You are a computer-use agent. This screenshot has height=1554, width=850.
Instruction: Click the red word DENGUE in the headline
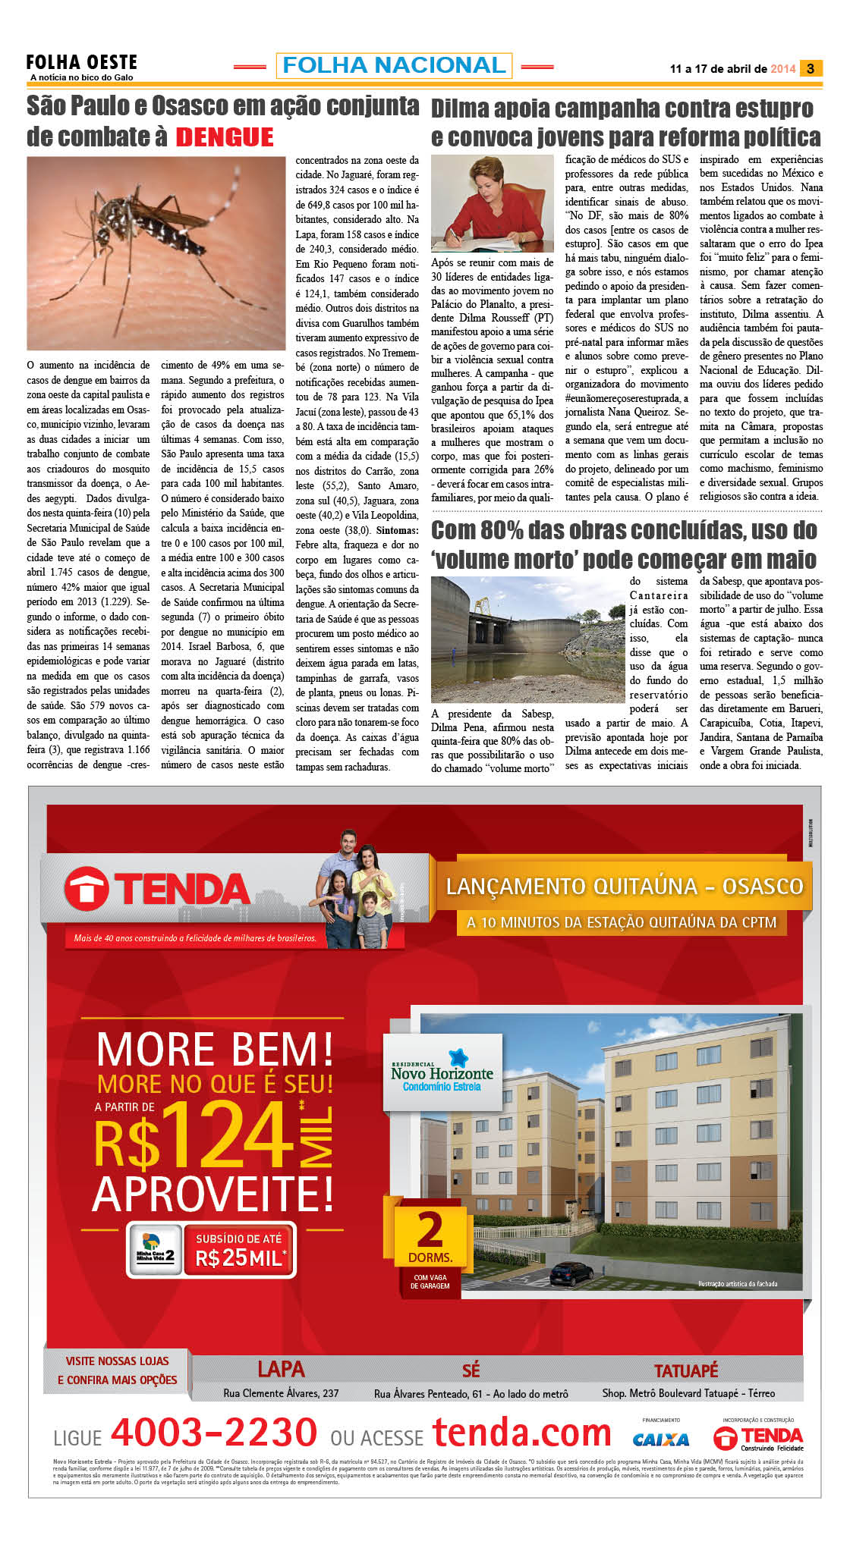click(x=225, y=137)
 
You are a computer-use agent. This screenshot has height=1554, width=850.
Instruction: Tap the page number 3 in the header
click(x=811, y=68)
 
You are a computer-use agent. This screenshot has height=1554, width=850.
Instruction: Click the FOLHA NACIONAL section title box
click(x=394, y=65)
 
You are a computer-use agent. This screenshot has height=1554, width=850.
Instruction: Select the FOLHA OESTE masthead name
click(x=82, y=63)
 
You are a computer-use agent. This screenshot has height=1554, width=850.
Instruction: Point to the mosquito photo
click(x=156, y=253)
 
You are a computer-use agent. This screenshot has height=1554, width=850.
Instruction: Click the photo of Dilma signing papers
click(x=492, y=203)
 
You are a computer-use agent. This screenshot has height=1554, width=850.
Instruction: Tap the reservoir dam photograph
click(x=527, y=639)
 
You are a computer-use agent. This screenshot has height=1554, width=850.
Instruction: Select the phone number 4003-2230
click(x=214, y=1433)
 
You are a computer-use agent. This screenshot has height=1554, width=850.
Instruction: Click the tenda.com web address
click(x=522, y=1433)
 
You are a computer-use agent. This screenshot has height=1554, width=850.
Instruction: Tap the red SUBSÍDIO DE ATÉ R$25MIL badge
click(x=240, y=1249)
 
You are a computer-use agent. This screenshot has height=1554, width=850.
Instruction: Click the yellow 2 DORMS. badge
click(x=430, y=1237)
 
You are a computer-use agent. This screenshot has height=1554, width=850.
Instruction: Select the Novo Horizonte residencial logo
click(x=442, y=1072)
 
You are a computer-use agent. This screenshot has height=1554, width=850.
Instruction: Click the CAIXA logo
click(x=661, y=1439)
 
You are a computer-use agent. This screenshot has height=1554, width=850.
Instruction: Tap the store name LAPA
click(x=281, y=1369)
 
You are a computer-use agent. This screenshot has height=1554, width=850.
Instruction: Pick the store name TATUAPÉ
click(x=686, y=1370)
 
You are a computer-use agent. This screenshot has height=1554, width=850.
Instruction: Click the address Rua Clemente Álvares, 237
click(x=281, y=1393)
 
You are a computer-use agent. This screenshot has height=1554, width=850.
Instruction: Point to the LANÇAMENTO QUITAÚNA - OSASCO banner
click(x=624, y=887)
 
